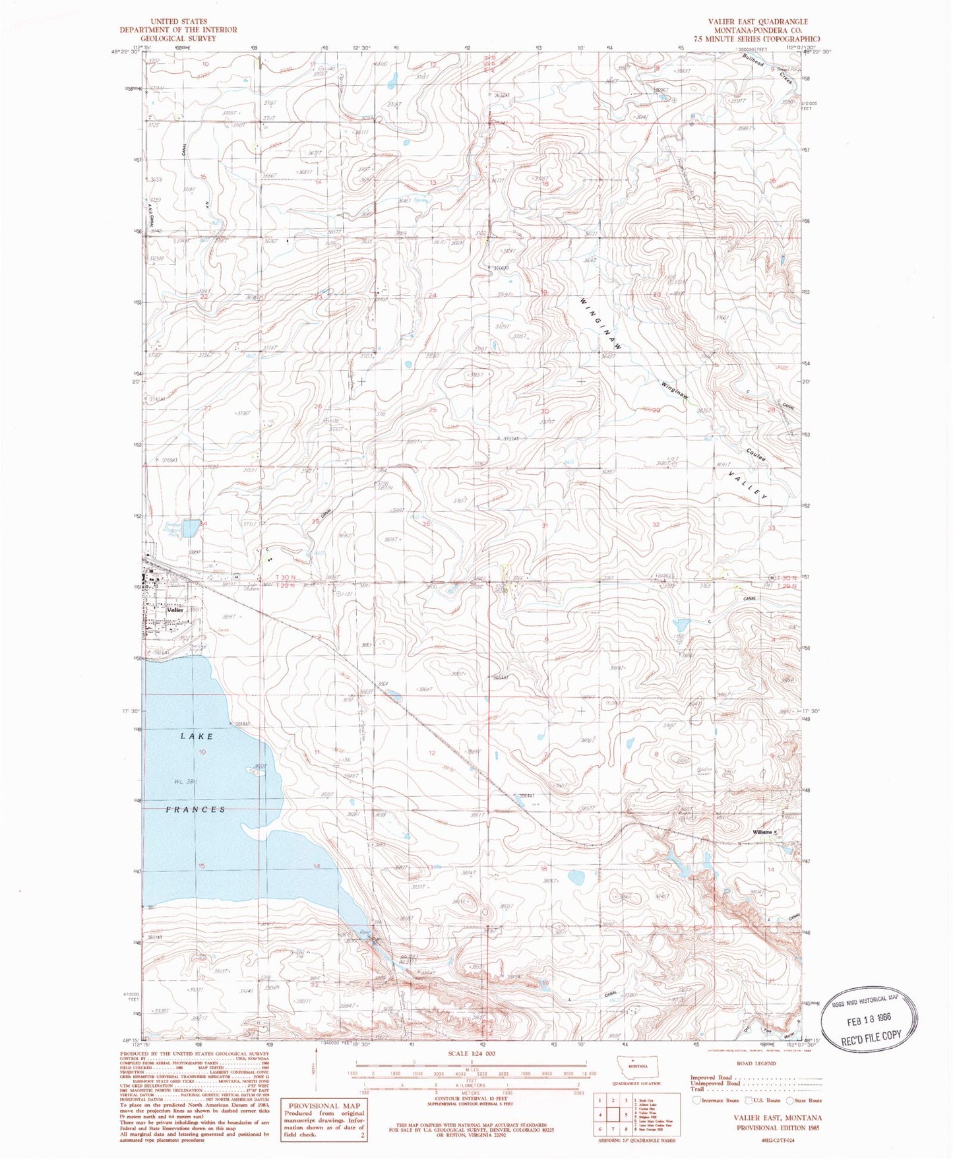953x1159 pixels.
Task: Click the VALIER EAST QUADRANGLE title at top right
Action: pos(758,22)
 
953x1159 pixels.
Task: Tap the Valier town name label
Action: pos(175,610)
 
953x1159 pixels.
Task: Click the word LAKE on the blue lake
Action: pos(197,736)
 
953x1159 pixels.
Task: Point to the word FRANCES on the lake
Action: pos(196,809)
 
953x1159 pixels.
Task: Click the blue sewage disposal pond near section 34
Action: pos(191,528)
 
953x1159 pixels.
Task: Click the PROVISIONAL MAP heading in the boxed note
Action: pos(323,1106)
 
